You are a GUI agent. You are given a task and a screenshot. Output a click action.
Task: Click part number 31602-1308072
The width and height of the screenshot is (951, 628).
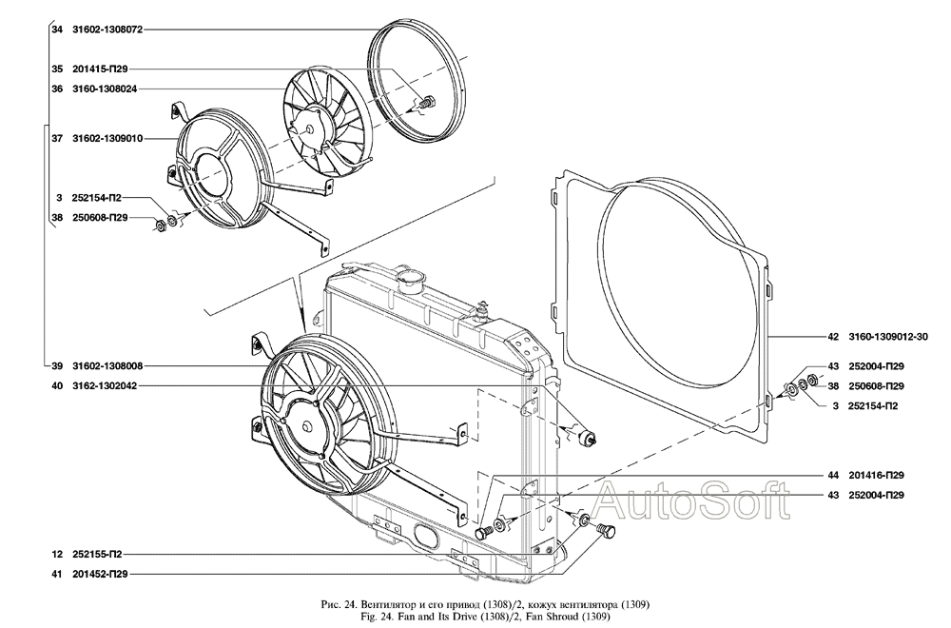pos(107,29)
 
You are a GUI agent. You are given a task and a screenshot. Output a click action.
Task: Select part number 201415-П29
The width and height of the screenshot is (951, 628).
pos(100,69)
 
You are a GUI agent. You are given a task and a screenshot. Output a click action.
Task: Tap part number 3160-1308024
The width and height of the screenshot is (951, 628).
pos(104,88)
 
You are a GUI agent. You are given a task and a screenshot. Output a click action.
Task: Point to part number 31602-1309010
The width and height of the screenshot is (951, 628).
pos(107,138)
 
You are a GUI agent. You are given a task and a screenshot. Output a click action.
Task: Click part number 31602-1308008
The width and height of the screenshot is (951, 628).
pos(107,366)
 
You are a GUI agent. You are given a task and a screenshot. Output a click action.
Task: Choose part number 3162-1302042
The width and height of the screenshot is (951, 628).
pos(104,386)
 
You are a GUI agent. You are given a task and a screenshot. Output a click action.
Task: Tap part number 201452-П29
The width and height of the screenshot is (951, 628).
pos(100,574)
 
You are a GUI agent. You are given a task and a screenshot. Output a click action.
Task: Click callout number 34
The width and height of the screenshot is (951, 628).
pos(57,29)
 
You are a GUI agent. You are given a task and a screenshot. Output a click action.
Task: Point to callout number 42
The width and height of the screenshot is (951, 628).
pos(832,336)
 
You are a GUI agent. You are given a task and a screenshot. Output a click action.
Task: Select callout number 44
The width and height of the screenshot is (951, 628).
pos(832,475)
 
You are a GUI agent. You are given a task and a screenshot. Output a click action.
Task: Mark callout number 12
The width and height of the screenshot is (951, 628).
pos(57,554)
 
